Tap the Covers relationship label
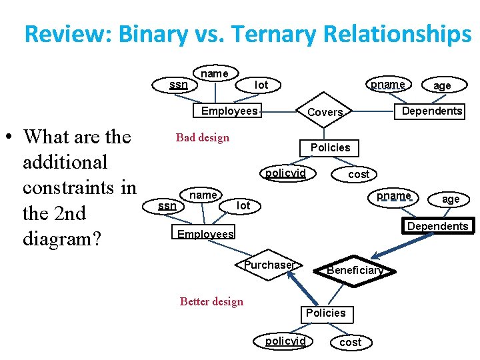pyautogui.click(x=325, y=112)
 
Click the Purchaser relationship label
pyautogui.click(x=269, y=265)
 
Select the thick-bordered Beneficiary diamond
pyautogui.click(x=354, y=270)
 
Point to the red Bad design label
pyautogui.click(x=202, y=138)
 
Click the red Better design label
pyautogui.click(x=211, y=301)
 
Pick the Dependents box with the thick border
pyautogui.click(x=437, y=226)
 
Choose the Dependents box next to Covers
pyautogui.click(x=432, y=111)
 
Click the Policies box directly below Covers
pyautogui.click(x=330, y=147)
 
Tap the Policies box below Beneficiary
pyautogui.click(x=325, y=313)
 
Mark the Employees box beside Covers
pyautogui.click(x=229, y=111)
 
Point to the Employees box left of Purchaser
pyautogui.click(x=205, y=234)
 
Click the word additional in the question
pyautogui.click(x=65, y=162)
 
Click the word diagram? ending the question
pyautogui.click(x=61, y=239)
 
